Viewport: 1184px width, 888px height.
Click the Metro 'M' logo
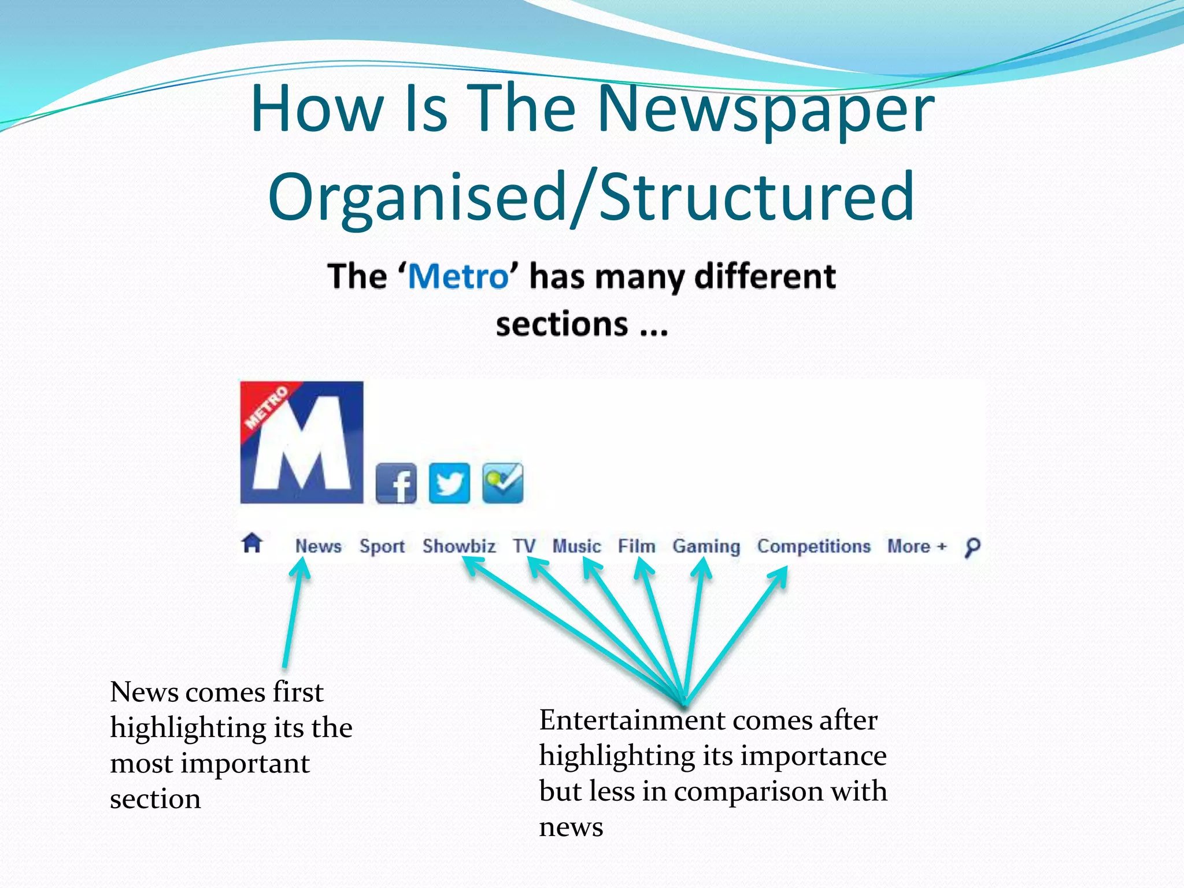coord(302,442)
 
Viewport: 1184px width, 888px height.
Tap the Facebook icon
coord(396,483)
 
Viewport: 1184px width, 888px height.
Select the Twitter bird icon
coord(449,483)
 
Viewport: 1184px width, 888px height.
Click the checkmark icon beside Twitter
coord(503,483)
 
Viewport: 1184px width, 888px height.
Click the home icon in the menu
coord(252,543)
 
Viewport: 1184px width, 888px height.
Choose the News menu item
coord(318,546)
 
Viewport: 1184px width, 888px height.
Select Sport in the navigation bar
coord(382,546)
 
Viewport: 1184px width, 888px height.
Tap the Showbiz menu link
coord(458,546)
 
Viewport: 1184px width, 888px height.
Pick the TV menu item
coord(524,546)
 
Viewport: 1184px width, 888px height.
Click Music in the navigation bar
coord(576,546)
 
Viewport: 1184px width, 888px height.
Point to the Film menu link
coord(637,546)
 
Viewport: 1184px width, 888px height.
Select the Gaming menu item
coord(706,546)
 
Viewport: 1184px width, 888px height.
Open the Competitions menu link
coord(813,546)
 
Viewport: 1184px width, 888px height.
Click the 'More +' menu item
coord(917,546)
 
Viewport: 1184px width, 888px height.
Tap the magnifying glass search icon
coord(972,547)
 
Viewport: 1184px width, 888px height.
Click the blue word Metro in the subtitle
coord(458,276)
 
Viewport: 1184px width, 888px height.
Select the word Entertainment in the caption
coord(632,720)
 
